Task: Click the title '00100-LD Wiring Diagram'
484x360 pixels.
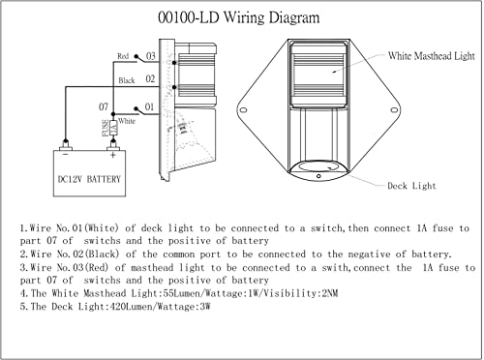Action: point(239,17)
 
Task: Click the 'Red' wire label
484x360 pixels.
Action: point(123,56)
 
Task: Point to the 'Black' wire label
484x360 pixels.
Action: point(127,80)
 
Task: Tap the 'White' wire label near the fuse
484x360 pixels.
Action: point(127,121)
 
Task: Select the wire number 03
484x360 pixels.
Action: point(151,56)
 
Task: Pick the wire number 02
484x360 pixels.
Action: point(150,79)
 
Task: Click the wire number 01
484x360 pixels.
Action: point(149,106)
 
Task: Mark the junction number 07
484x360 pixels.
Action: point(104,106)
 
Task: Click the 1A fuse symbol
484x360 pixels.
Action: point(113,128)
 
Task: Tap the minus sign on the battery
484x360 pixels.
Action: point(66,155)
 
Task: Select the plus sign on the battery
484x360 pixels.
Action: point(112,156)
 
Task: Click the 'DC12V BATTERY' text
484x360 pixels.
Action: point(89,179)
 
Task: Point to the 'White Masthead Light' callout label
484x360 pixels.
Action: point(432,56)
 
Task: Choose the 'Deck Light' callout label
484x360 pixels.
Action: point(411,186)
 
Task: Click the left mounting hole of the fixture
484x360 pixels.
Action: point(244,110)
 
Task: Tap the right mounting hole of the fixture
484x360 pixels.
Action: point(394,110)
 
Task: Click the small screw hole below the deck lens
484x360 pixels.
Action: point(318,176)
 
